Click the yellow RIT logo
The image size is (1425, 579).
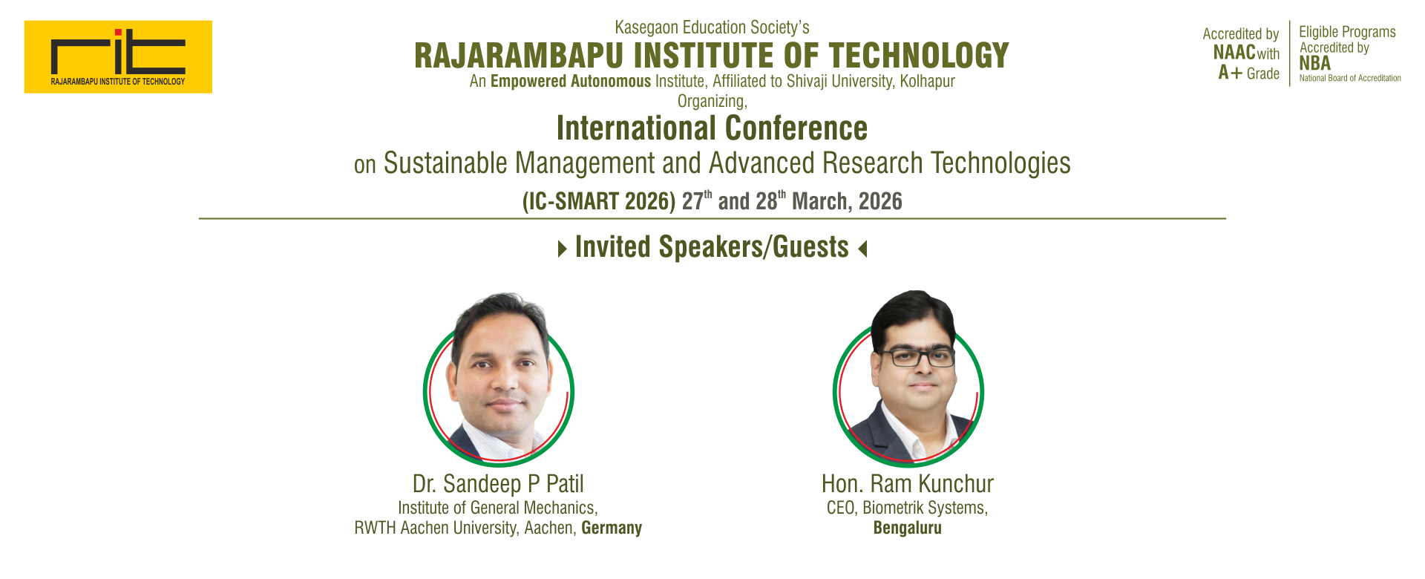point(118,56)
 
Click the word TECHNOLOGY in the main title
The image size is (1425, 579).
point(919,56)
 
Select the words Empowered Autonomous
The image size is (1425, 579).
point(571,81)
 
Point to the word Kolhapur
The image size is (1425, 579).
point(927,81)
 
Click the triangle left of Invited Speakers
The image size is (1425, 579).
point(563,249)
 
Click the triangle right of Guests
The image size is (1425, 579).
point(862,249)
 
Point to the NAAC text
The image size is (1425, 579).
point(1234,53)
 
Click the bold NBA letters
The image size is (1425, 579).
point(1315,64)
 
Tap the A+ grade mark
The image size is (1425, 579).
point(1230,73)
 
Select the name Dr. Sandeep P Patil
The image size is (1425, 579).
point(498,484)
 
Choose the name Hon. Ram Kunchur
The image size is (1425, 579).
point(907,484)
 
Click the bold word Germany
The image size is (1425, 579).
point(612,528)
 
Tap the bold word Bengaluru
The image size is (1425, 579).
point(907,528)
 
